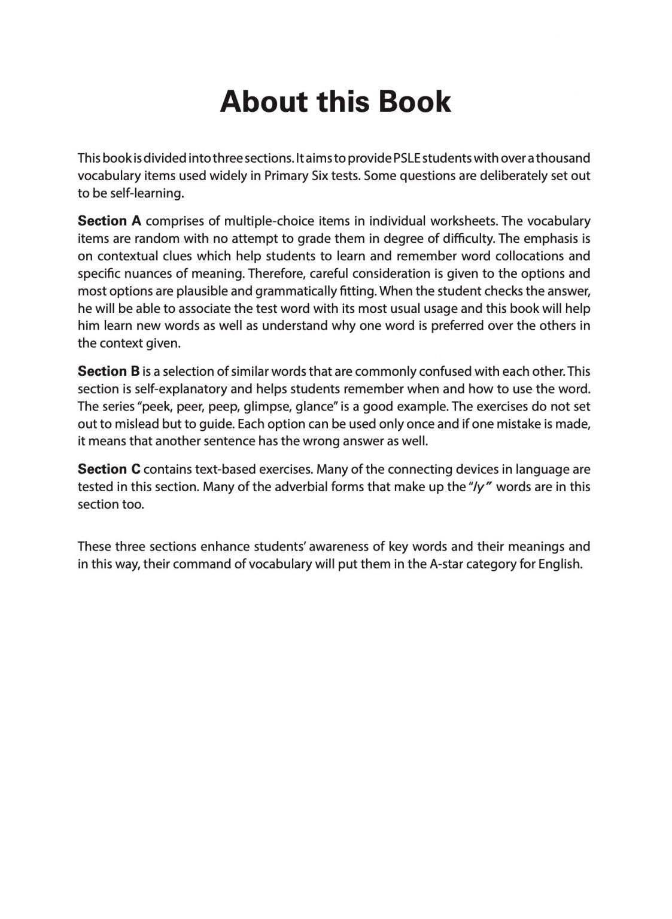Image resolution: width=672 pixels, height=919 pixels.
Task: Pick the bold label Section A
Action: click(x=110, y=221)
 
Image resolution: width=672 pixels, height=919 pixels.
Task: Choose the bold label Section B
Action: click(x=108, y=371)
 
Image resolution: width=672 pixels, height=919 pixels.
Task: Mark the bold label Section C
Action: click(x=109, y=469)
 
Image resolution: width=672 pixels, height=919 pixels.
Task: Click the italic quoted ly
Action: click(x=479, y=486)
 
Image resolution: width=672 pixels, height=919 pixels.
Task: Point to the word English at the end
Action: click(x=560, y=564)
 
